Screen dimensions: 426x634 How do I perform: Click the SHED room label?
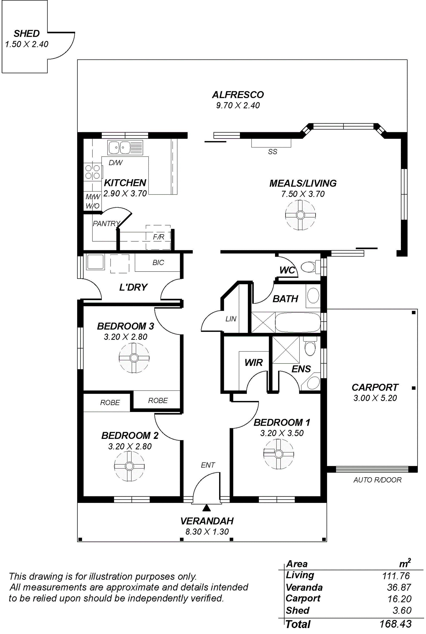27,33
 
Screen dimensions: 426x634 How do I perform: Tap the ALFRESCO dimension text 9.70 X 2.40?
238,105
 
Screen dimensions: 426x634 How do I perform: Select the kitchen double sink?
125,148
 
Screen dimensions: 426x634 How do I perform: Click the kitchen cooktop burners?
92,172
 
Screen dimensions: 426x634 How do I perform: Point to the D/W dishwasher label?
115,163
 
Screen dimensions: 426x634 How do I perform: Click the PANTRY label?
106,224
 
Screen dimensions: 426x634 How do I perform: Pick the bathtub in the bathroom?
298,322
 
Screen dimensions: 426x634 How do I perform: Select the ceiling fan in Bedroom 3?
134,358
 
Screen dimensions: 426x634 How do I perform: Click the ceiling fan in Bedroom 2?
129,466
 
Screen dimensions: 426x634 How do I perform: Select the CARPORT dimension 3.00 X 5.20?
375,398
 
